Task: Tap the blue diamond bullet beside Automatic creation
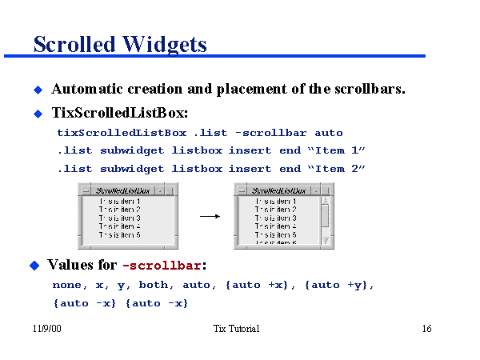pyautogui.click(x=37, y=89)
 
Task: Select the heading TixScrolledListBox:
pyautogui.click(x=120, y=113)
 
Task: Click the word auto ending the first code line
pyautogui.click(x=329, y=133)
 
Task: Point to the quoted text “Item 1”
pyautogui.click(x=336, y=150)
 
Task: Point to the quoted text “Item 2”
pyautogui.click(x=336, y=169)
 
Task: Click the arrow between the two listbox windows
pyautogui.click(x=209, y=215)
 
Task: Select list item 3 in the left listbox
pyautogui.click(x=120, y=218)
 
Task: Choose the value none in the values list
pyautogui.click(x=66, y=285)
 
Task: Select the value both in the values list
pyautogui.click(x=152, y=285)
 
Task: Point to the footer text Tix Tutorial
pyautogui.click(x=237, y=330)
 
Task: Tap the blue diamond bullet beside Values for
pyautogui.click(x=34, y=265)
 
